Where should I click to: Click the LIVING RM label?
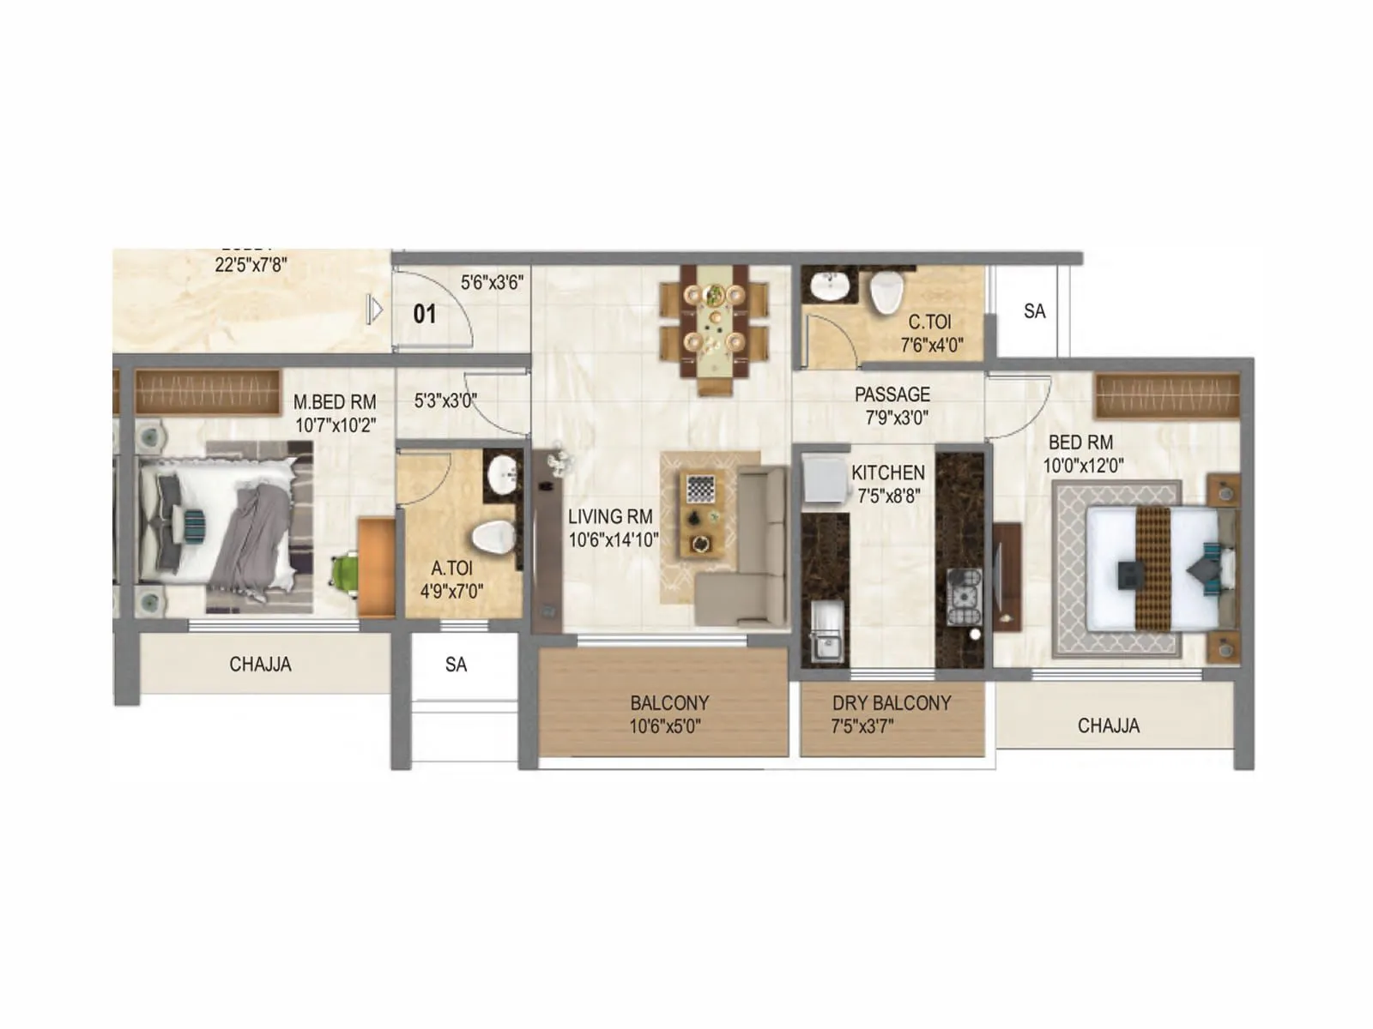coord(610,517)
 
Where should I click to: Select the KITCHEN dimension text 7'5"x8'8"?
coord(889,496)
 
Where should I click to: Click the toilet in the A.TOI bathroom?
coord(493,538)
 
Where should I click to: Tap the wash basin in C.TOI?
coord(829,286)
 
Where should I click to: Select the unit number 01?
coord(425,314)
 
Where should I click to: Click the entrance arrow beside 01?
coord(374,310)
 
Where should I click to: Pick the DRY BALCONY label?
coord(892,703)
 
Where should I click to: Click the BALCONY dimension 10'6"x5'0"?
coord(665,726)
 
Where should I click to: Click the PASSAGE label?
coord(892,394)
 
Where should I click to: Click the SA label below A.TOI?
coord(456,665)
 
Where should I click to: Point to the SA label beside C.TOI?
coord(1034,311)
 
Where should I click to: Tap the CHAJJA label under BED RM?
coord(1108,725)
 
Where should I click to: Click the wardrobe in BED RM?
coord(1167,395)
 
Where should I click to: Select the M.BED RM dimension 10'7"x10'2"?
coord(336,425)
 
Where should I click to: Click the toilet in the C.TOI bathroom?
coord(886,292)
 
